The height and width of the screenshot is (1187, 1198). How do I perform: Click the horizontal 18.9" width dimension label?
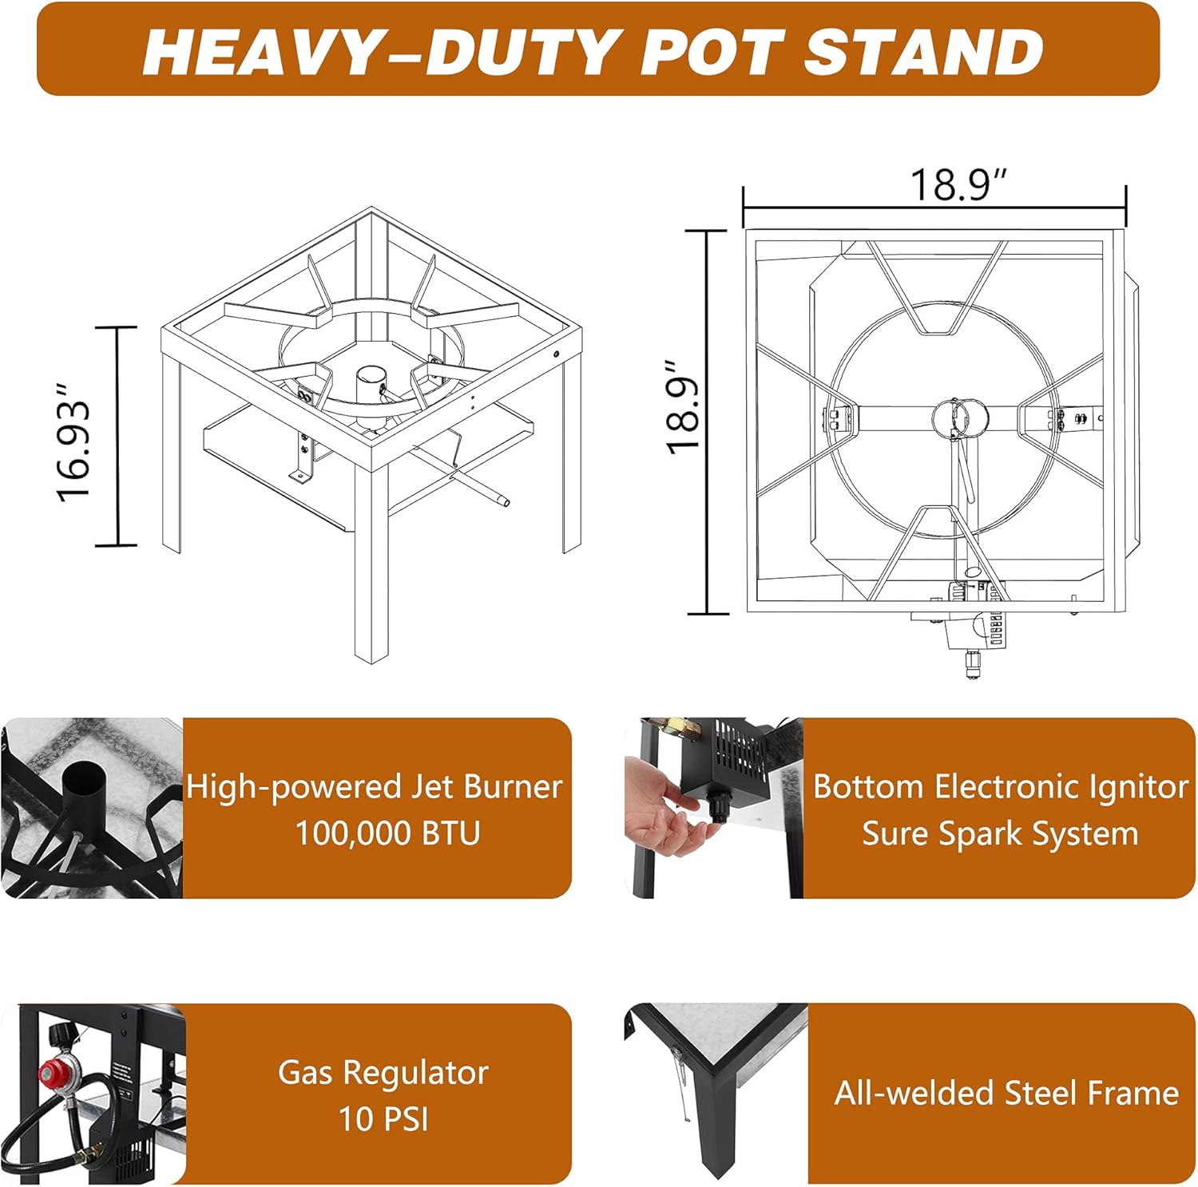coord(959,185)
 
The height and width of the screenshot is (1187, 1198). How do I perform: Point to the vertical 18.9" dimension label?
coord(684,408)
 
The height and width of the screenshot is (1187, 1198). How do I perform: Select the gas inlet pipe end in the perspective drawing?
coord(502,501)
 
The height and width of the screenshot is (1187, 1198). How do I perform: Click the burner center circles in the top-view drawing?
coord(960,417)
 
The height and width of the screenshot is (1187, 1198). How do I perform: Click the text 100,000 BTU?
coord(388,833)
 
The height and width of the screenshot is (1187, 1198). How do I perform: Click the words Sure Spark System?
coord(1000,834)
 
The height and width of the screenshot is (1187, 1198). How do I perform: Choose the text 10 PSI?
coord(383,1119)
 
